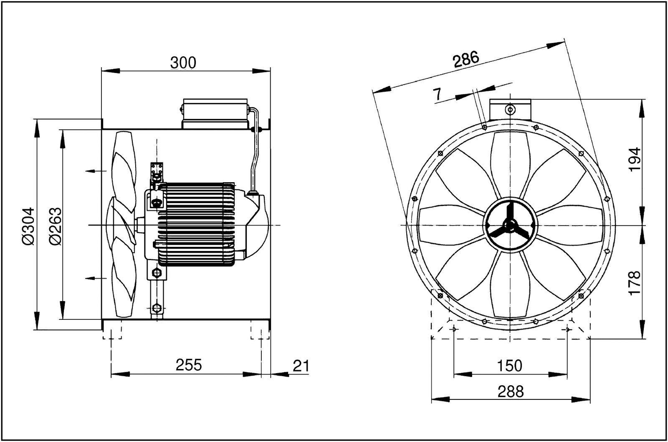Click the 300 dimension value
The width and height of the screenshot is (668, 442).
tap(183, 63)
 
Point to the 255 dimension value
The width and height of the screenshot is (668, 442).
tap(188, 365)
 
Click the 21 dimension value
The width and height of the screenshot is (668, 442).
tap(301, 366)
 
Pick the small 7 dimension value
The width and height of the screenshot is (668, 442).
tap(437, 95)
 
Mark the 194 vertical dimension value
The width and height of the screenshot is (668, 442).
tap(634, 159)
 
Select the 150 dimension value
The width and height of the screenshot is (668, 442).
tap(510, 366)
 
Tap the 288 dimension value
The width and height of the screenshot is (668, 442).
tap(510, 392)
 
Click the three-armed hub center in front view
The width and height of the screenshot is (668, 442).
tap(509, 226)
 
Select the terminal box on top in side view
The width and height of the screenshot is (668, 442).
tap(215, 113)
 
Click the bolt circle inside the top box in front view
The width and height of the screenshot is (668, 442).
tap(510, 110)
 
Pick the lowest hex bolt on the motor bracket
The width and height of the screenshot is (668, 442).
tap(157, 308)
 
